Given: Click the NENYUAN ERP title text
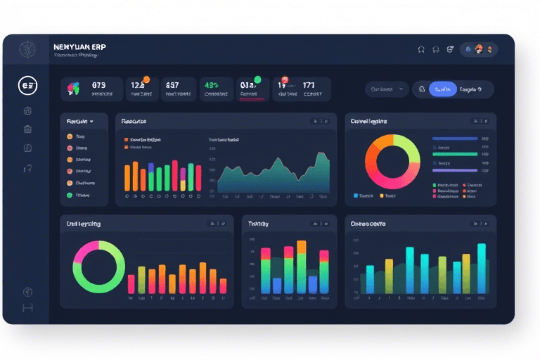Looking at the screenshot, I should [79, 46].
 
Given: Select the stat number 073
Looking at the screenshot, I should [98, 84].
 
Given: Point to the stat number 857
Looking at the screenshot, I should [172, 84].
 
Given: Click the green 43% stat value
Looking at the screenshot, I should [212, 84].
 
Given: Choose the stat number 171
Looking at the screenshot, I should [309, 85].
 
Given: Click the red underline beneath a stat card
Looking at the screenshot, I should [251, 100].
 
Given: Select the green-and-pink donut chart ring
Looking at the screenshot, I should [98, 267].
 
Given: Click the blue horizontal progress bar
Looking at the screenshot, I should [454, 139].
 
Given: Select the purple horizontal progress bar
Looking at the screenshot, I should [454, 170].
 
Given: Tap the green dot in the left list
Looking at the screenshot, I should [69, 195].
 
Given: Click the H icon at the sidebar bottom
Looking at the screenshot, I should [28, 308].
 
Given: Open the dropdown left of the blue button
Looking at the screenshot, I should [387, 89].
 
